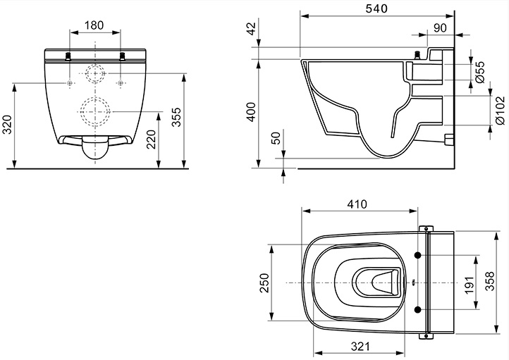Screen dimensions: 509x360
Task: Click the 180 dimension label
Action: click(94, 25)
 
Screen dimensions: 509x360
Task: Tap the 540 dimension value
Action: click(376, 8)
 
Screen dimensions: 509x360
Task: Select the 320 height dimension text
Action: click(7, 125)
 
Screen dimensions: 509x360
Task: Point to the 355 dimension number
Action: click(176, 117)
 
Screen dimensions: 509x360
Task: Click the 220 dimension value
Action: click(152, 139)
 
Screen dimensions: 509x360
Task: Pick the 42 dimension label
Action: click(252, 27)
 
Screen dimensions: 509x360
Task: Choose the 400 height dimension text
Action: click(252, 112)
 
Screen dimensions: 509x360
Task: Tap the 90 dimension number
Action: click(440, 28)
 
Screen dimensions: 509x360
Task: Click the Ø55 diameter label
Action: click(480, 72)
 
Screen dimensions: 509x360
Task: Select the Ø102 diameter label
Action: click(501, 111)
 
